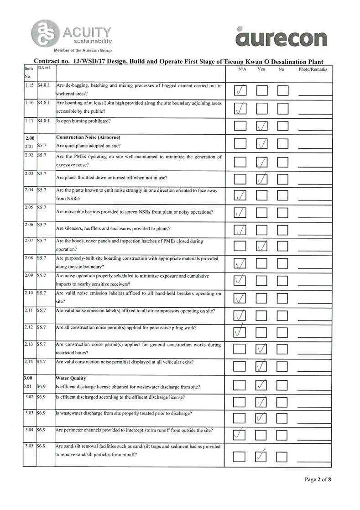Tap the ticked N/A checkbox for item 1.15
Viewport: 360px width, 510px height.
coord(240,91)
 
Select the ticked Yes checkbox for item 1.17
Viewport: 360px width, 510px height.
coord(262,126)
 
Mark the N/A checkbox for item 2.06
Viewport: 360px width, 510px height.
coord(240,229)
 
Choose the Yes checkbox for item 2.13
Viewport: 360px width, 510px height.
coord(262,349)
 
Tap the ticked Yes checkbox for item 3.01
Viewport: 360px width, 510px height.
coord(262,386)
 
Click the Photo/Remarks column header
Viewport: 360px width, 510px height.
coord(313,69)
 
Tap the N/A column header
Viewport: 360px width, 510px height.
coord(243,69)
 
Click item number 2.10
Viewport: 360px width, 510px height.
coord(29,293)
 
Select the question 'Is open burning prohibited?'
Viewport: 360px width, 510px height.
coord(83,122)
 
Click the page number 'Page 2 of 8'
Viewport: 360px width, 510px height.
coord(318,480)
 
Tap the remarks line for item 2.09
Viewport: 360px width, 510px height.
coord(315,283)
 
